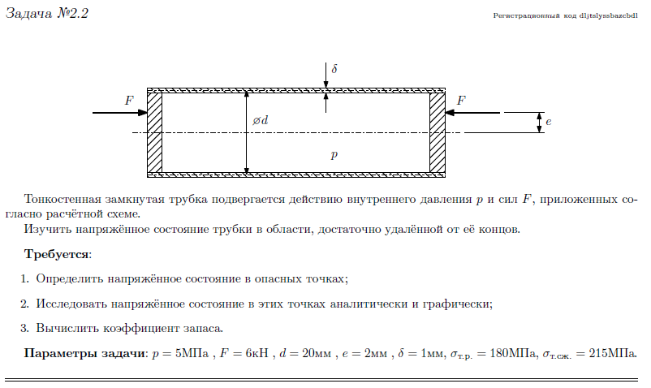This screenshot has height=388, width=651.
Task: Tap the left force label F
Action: pos(128,101)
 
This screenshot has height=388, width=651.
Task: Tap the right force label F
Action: pos(461,101)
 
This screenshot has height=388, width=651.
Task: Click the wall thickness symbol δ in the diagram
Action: pos(334,70)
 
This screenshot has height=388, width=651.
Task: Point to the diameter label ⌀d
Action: pos(260,121)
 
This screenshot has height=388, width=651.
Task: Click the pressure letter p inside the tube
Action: pos(333,154)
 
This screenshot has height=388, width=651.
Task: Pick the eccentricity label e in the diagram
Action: pos(549,123)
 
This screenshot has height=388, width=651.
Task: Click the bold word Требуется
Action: pos(58,253)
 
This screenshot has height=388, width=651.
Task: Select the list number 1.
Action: pos(25,278)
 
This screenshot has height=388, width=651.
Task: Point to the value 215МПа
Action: pos(613,354)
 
